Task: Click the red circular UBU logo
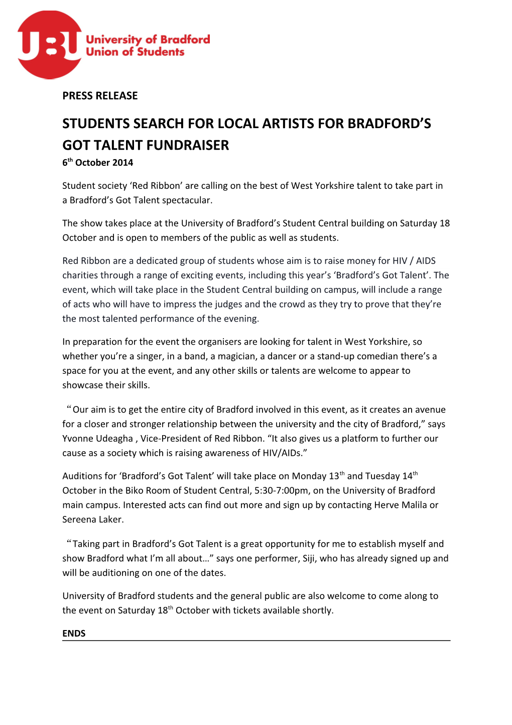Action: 49,45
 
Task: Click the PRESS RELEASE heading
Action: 100,95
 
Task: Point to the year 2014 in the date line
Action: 122,163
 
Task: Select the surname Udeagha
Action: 114,439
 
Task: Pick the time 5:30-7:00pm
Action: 281,490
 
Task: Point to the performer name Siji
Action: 309,558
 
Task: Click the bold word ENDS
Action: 74,633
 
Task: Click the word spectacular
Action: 187,200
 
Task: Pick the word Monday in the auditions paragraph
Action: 309,476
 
